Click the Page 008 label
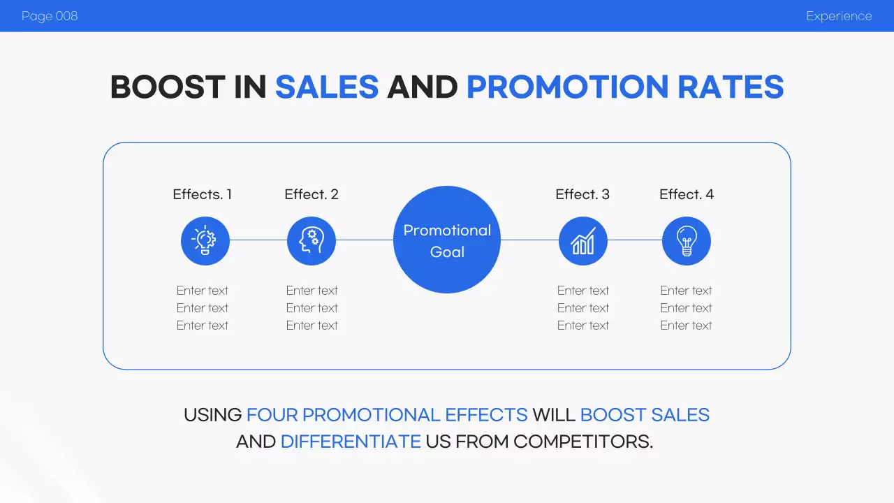50,16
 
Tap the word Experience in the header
839,16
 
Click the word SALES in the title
327,87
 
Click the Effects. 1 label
203,194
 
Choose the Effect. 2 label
312,194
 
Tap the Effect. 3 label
582,194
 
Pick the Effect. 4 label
687,194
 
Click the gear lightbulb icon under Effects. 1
205,241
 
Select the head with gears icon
312,241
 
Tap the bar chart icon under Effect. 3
583,241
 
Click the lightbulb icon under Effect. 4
687,241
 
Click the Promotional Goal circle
447,240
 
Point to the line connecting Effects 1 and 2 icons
258,240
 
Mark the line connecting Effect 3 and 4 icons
635,240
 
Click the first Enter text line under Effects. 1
203,291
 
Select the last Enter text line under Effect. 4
687,326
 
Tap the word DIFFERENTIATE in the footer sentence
351,442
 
